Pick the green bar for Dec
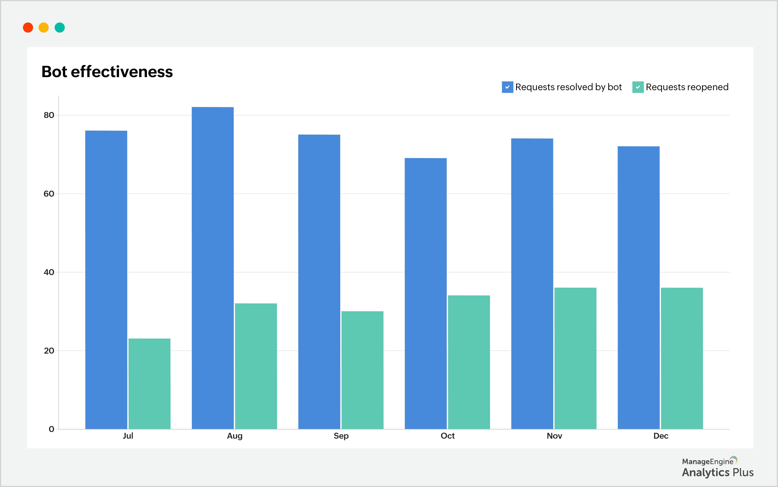pyautogui.click(x=682, y=358)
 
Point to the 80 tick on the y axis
pyautogui.click(x=49, y=115)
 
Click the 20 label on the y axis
pyautogui.click(x=49, y=350)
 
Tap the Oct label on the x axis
pyautogui.click(x=447, y=436)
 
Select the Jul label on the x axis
pyautogui.click(x=128, y=436)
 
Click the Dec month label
pyautogui.click(x=661, y=436)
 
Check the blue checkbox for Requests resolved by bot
pyautogui.click(x=507, y=87)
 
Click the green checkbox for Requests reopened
pyautogui.click(x=638, y=87)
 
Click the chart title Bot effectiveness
pyautogui.click(x=107, y=71)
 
